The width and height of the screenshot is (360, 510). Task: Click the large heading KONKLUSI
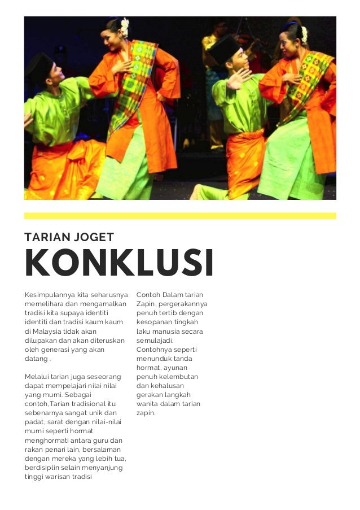click(x=119, y=263)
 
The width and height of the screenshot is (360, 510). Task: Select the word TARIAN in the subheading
click(x=45, y=237)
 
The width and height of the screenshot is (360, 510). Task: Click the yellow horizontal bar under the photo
click(x=180, y=216)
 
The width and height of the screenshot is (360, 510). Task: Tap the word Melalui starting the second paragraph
click(x=37, y=376)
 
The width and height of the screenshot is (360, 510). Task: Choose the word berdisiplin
click(x=43, y=467)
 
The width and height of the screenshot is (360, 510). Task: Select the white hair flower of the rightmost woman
click(x=304, y=34)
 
